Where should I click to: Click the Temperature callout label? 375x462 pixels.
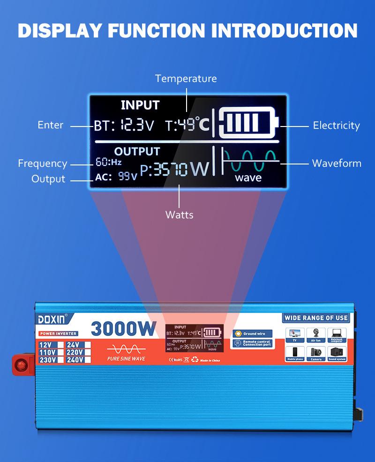(186, 78)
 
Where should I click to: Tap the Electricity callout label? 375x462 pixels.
(336, 125)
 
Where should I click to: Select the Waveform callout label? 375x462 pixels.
(337, 163)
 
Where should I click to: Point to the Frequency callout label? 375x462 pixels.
(43, 164)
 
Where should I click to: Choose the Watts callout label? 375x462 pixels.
(179, 215)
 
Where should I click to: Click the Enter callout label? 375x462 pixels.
(50, 125)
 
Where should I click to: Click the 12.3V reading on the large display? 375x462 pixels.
(136, 125)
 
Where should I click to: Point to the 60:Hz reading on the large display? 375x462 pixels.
(109, 163)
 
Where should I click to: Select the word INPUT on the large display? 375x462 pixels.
(140, 105)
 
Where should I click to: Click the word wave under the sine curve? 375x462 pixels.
(248, 178)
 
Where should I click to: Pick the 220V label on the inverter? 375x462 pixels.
(75, 352)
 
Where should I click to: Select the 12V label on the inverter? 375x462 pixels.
(46, 345)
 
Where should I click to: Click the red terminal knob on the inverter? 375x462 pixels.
(21, 364)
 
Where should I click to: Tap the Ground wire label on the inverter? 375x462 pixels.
(254, 334)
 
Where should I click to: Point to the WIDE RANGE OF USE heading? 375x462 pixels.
(316, 318)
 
